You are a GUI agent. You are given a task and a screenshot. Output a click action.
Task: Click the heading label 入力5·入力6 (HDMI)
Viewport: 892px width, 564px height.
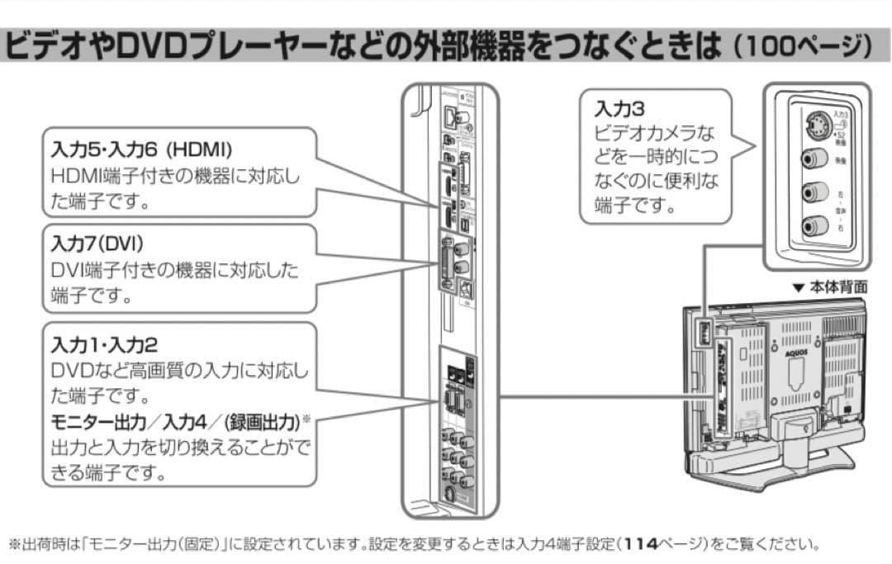(141, 150)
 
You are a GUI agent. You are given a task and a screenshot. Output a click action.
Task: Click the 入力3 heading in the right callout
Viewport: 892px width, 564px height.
(614, 108)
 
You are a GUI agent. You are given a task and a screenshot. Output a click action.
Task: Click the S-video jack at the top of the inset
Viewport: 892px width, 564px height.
(813, 127)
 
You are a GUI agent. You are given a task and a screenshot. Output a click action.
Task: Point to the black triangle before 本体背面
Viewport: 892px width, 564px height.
(798, 288)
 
